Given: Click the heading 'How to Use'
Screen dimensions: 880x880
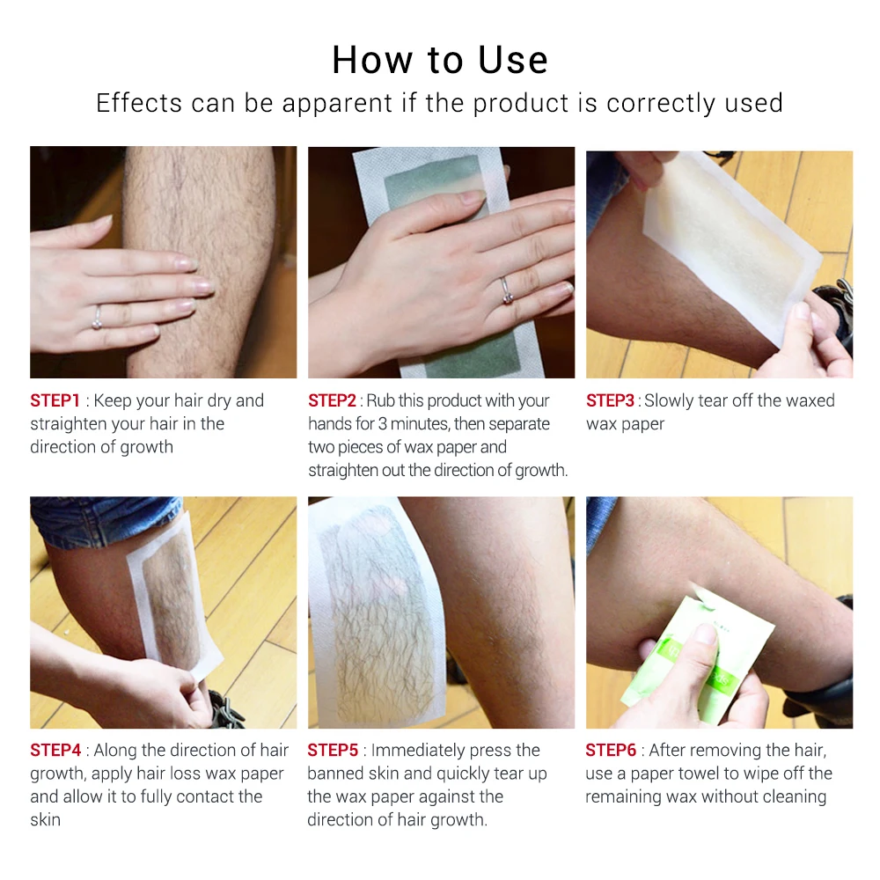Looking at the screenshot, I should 440,60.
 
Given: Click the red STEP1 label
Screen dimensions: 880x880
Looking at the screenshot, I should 55,400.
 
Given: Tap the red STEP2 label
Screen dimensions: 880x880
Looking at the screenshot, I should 334,400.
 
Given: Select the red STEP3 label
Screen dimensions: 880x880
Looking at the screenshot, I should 611,400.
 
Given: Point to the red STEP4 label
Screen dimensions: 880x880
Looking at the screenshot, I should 55,751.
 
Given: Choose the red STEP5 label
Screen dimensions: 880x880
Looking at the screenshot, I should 333,751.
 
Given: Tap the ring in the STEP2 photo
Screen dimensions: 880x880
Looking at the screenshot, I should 505,287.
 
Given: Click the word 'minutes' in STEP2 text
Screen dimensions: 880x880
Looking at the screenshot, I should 421,424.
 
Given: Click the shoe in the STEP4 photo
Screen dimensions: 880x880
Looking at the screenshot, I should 226,708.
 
